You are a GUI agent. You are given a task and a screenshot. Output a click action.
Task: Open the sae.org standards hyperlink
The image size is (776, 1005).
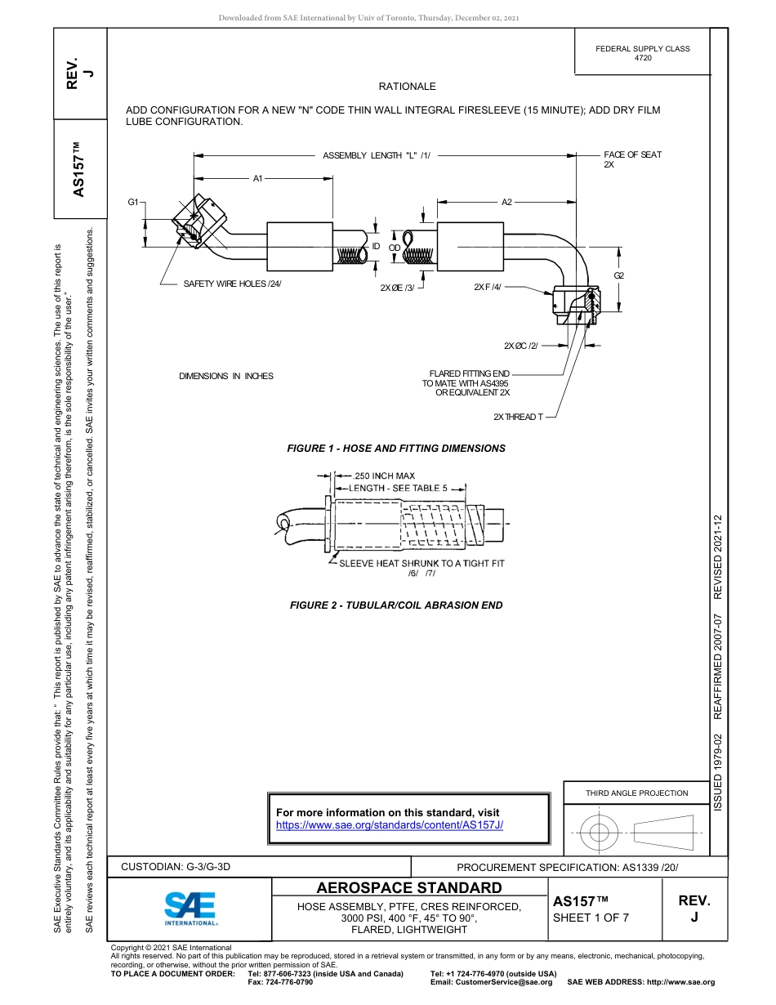coord(390,825)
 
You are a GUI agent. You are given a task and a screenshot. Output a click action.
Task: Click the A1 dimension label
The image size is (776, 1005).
coord(256,178)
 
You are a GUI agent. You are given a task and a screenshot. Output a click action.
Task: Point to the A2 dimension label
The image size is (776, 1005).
coord(506,202)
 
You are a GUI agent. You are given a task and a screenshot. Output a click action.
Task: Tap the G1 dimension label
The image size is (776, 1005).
coord(133,201)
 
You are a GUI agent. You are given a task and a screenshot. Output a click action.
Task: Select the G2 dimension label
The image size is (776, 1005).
coord(619,275)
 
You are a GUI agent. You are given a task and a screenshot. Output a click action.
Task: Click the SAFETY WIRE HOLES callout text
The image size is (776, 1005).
coord(232,284)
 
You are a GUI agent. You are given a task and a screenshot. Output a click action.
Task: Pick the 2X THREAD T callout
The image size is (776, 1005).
coord(518,417)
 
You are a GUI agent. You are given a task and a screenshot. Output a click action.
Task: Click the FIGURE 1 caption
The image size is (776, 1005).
coord(396,449)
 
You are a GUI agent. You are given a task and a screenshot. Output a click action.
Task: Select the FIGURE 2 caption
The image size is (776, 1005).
coord(396,605)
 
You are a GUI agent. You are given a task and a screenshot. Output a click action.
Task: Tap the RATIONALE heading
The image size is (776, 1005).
coord(407,87)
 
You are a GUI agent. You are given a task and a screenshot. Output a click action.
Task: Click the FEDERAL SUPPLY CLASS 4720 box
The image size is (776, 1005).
coord(642,53)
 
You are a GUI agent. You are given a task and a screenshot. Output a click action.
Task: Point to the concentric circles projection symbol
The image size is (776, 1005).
coord(600,833)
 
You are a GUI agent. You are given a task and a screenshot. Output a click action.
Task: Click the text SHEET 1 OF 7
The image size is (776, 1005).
coord(591,918)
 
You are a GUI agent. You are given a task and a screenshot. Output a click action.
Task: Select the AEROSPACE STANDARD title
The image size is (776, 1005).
coord(408,888)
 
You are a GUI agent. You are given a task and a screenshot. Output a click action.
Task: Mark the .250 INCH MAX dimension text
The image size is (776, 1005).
coord(383,476)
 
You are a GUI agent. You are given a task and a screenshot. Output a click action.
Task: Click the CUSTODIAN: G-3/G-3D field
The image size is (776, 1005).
coord(181,866)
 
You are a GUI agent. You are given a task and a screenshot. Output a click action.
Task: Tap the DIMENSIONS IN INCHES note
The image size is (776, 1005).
coord(226,376)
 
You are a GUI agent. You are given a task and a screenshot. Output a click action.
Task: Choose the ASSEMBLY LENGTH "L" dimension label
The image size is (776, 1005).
coord(376,155)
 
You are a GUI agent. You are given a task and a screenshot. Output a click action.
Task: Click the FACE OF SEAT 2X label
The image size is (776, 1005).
coord(632,159)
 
